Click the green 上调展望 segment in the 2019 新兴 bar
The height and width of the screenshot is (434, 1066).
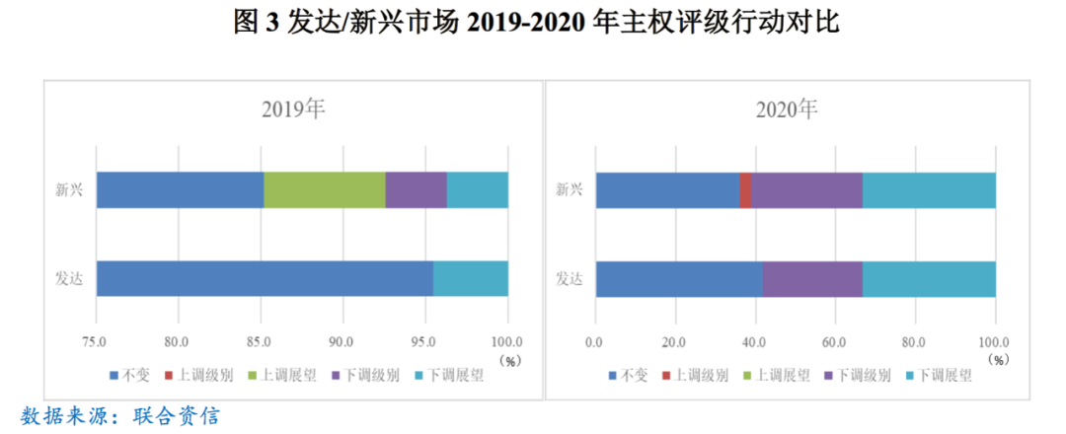(324, 189)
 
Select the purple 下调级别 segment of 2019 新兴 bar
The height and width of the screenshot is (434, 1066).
(416, 189)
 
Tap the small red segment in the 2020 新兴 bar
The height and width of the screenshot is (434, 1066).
(745, 189)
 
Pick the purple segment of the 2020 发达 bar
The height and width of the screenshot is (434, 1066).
(812, 279)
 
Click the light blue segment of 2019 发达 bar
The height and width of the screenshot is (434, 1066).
(470, 279)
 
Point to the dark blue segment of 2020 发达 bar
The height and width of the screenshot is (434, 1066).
(678, 279)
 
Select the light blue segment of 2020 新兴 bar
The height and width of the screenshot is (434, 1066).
(929, 189)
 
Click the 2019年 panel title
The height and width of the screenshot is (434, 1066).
(293, 109)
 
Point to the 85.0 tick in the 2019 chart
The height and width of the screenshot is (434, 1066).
(261, 341)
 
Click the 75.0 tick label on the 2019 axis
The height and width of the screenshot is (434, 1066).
(96, 341)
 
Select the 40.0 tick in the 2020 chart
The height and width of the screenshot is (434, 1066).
(754, 341)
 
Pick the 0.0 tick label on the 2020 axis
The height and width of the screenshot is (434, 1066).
(594, 341)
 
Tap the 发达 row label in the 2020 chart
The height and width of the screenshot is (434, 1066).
(569, 279)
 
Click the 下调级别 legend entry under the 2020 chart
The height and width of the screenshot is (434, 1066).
(865, 375)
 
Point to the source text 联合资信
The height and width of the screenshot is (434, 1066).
(176, 414)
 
